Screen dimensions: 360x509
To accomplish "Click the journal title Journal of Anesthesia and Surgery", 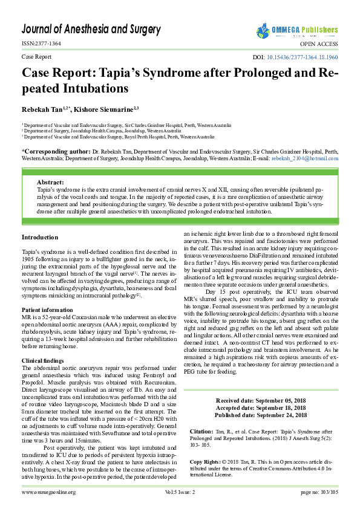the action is pyautogui.click(x=91, y=29).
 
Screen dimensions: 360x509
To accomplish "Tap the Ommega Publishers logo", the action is pyautogui.click(x=296, y=30).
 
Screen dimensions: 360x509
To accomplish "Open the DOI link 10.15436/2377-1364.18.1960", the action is pyautogui.click(x=302, y=57).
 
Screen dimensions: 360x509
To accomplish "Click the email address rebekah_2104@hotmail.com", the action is pyautogui.click(x=306, y=158).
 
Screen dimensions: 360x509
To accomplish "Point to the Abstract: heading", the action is pyautogui.click(x=50, y=182).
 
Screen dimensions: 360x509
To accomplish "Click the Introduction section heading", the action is pyautogui.click(x=40, y=237).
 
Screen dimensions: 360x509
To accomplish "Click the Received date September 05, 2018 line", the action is pyautogui.click(x=261, y=401).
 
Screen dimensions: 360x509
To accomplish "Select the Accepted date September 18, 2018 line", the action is pyautogui.click(x=261, y=408).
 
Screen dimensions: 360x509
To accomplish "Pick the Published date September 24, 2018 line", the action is pyautogui.click(x=261, y=415).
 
